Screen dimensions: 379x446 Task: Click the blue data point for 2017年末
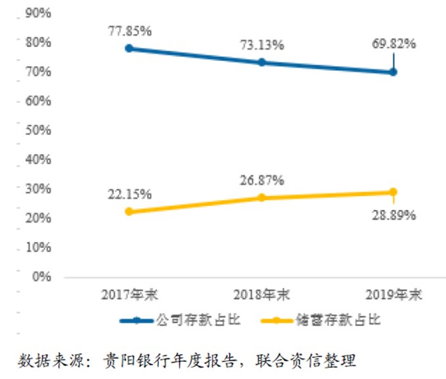tap(129, 49)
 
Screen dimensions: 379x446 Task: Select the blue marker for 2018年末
tap(261, 62)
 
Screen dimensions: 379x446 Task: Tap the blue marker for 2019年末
tap(393, 72)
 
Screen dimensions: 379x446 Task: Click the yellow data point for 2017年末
tap(129, 212)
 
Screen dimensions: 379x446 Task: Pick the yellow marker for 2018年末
tap(261, 198)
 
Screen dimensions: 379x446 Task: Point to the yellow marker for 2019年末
tap(393, 192)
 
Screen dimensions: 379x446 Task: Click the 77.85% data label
tap(130, 31)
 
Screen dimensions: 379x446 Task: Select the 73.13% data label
tap(261, 45)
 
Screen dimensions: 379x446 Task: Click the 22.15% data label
tap(130, 194)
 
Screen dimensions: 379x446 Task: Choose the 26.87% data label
tap(261, 180)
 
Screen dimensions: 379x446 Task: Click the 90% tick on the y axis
tap(37, 13)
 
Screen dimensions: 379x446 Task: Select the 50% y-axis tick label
tap(37, 130)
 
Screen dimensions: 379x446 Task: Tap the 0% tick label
tap(41, 277)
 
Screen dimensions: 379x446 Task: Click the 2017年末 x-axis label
tap(130, 295)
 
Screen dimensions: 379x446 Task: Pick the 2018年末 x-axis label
tap(261, 295)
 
